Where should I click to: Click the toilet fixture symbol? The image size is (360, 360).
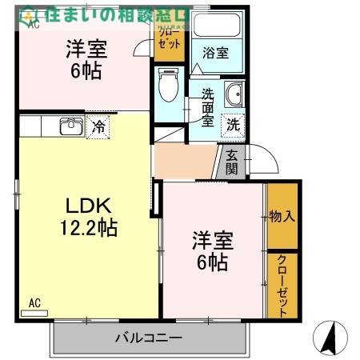click(x=168, y=86)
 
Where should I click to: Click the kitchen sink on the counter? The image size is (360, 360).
click(x=70, y=126)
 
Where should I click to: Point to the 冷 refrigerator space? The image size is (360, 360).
click(x=98, y=126)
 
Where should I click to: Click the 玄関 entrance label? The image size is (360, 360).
click(x=231, y=162)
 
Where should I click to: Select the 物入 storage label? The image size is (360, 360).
click(x=282, y=216)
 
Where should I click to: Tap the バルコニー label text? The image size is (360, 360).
click(x=149, y=337)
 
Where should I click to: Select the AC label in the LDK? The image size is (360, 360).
click(x=34, y=303)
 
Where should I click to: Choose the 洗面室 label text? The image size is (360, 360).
click(x=206, y=108)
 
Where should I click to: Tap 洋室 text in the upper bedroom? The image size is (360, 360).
click(x=85, y=48)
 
